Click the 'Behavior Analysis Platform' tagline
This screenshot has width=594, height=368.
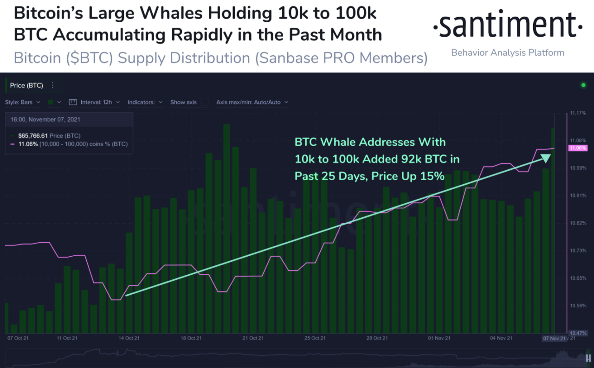[x=508, y=52]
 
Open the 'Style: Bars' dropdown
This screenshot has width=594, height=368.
[x=23, y=102]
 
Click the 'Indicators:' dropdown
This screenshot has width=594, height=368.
[x=145, y=102]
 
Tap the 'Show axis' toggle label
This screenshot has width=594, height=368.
[x=183, y=102]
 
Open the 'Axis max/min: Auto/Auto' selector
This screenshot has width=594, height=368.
[x=252, y=102]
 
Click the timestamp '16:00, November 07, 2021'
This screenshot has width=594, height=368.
[x=45, y=119]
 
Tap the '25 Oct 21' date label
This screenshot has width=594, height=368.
[x=315, y=338]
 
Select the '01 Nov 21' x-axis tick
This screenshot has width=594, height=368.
[x=439, y=338]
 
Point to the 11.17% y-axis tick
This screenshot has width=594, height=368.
[x=579, y=113]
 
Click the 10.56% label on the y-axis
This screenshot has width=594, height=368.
[x=579, y=305]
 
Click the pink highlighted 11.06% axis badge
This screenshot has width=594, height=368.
[x=578, y=148]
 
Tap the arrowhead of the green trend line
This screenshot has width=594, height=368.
[x=545, y=158]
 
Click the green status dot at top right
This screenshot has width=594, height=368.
[x=583, y=85]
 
